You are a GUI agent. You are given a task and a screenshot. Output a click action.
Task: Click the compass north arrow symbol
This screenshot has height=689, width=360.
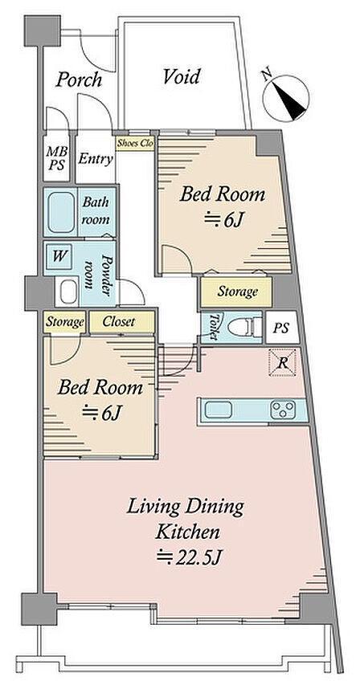click(x=286, y=98)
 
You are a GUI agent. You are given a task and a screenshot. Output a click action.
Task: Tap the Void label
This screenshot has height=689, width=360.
click(x=182, y=77)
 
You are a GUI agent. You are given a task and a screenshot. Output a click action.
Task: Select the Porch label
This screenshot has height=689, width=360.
click(x=79, y=79)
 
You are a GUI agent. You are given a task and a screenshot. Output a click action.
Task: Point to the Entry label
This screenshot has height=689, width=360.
click(x=96, y=159)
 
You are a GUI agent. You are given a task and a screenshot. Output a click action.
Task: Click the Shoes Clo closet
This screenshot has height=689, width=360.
click(x=135, y=144)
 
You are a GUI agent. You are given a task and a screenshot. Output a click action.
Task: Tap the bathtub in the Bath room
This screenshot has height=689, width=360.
click(x=61, y=213)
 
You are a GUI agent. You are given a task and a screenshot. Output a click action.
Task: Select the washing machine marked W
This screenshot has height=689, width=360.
click(x=58, y=257)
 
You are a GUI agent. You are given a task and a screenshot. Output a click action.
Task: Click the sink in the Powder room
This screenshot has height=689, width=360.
click(x=68, y=291)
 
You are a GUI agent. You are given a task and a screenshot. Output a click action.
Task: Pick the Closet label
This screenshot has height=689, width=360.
click(x=119, y=322)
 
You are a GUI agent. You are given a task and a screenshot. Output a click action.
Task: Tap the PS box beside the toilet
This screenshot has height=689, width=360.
click(x=282, y=328)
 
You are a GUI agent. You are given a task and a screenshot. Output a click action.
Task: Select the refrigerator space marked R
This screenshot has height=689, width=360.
click(x=283, y=363)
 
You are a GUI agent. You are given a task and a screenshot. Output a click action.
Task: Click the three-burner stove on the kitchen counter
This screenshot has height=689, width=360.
click(x=283, y=410)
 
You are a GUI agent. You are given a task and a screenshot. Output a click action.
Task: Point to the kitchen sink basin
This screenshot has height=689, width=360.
click(x=219, y=410)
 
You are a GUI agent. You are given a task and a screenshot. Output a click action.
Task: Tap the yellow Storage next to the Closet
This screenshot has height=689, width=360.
click(x=65, y=323)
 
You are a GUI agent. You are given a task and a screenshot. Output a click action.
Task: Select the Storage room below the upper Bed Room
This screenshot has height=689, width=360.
click(x=237, y=291)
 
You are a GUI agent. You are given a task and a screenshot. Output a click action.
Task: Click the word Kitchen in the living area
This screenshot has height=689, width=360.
click(x=188, y=532)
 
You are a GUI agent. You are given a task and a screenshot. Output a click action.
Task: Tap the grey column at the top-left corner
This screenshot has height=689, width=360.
click(x=43, y=31)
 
